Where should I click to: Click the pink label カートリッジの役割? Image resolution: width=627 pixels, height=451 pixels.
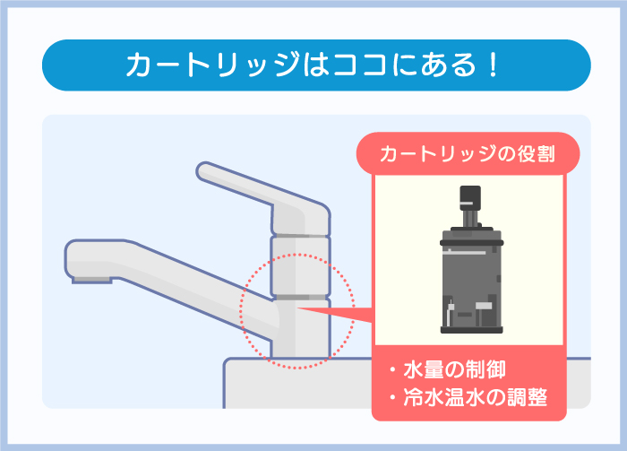[467, 153]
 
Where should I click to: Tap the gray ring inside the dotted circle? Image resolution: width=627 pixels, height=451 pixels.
[299, 293]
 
